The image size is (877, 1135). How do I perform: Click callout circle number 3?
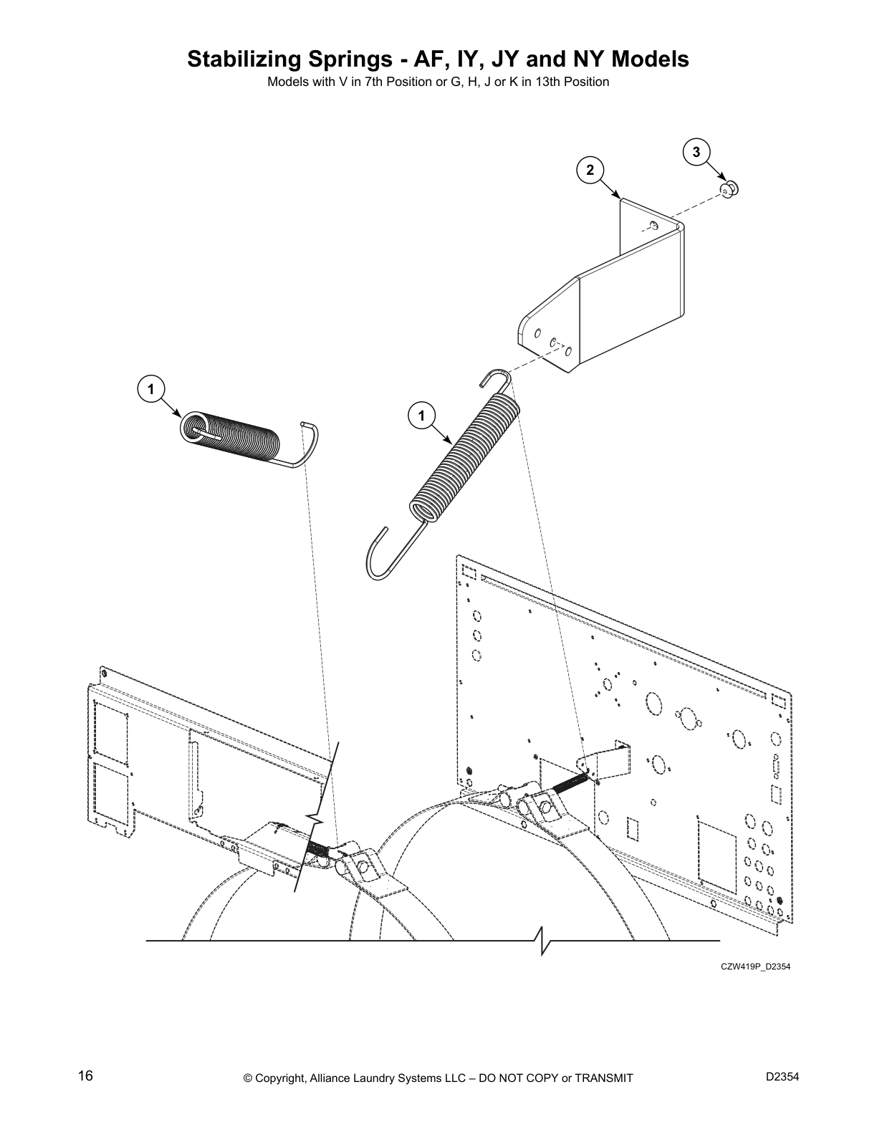click(696, 152)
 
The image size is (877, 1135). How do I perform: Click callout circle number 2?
click(590, 170)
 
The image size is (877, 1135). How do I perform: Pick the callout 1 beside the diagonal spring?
click(421, 416)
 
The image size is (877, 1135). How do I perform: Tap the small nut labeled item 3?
click(729, 188)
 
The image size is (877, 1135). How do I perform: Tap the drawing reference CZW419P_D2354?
click(755, 967)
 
